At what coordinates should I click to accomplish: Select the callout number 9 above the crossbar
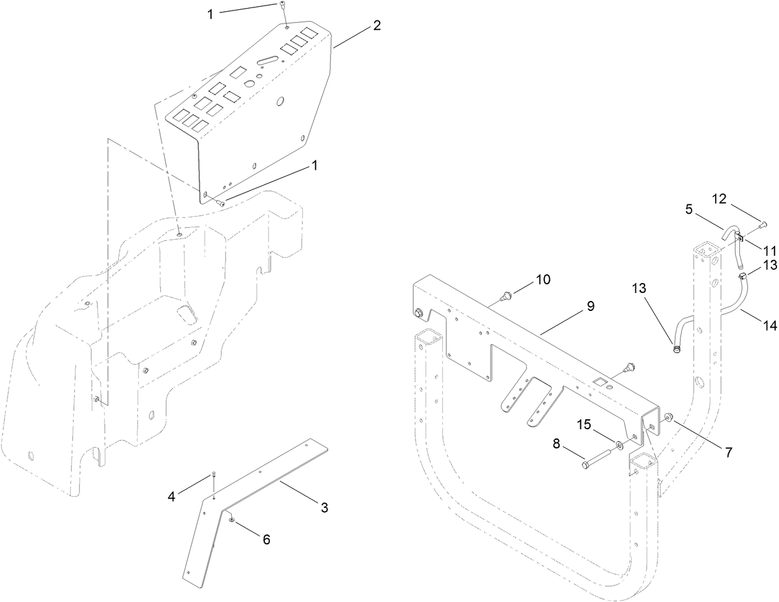(590, 306)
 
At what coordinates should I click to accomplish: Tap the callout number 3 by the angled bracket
(324, 508)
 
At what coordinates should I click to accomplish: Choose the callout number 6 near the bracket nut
(266, 539)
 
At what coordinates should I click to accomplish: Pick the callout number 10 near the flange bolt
(542, 279)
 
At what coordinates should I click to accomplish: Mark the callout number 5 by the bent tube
(688, 209)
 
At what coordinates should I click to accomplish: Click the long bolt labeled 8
(596, 460)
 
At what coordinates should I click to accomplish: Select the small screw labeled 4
(214, 474)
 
